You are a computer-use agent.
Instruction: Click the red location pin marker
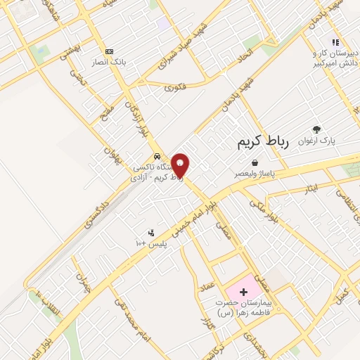[x=181, y=165]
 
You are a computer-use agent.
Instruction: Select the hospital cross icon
[x=244, y=291]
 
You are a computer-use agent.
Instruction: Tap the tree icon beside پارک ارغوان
[x=316, y=129]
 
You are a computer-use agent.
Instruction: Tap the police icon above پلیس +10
[x=150, y=233]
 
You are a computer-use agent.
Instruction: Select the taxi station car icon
[x=156, y=156]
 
